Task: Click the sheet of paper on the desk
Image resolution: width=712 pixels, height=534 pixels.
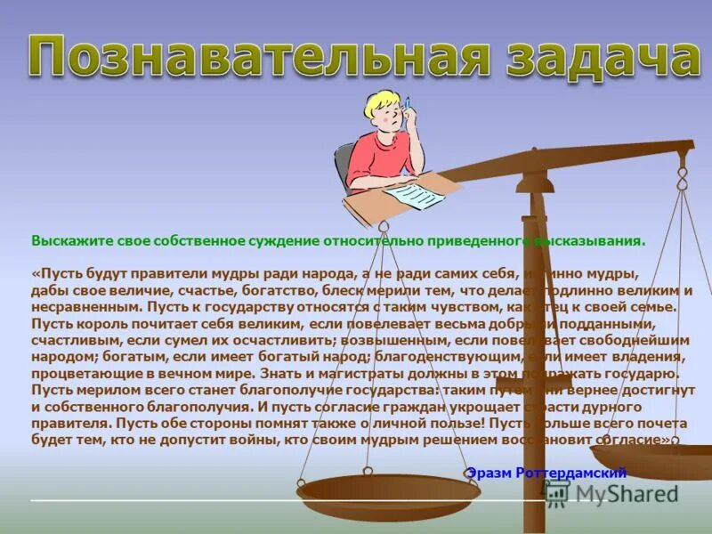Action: coord(414,193)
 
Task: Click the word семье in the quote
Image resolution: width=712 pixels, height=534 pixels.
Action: coord(658,307)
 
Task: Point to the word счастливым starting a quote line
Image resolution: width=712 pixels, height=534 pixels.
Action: coord(68,341)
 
